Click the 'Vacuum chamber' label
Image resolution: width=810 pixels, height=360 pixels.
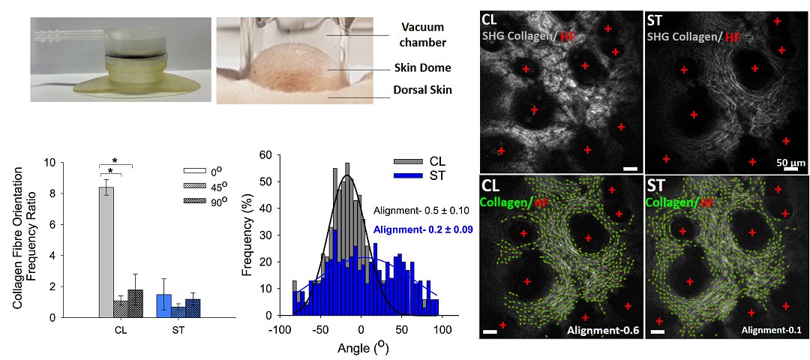(x=423, y=35)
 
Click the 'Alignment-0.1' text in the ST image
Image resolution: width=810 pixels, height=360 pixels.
(x=769, y=329)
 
